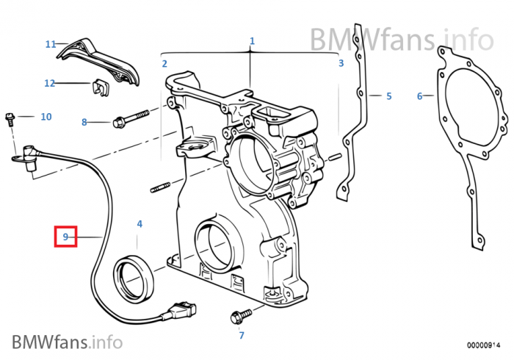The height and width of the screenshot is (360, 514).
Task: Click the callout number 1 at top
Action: click(x=252, y=41)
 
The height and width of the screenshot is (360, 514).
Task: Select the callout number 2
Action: click(x=164, y=63)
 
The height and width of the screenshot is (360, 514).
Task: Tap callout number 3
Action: click(x=341, y=63)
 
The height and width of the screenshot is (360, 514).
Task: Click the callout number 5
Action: click(x=389, y=96)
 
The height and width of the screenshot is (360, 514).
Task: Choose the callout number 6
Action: click(x=419, y=96)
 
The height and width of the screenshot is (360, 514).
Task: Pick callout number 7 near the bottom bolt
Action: click(x=240, y=336)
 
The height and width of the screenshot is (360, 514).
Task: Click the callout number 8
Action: click(x=84, y=122)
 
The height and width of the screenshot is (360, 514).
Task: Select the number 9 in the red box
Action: click(x=65, y=237)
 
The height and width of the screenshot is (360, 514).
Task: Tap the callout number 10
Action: click(x=46, y=116)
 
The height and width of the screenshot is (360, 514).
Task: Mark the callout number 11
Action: click(x=51, y=44)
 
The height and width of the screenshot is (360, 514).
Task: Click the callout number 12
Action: click(x=50, y=83)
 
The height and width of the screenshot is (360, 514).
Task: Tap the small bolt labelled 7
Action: click(x=236, y=317)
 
